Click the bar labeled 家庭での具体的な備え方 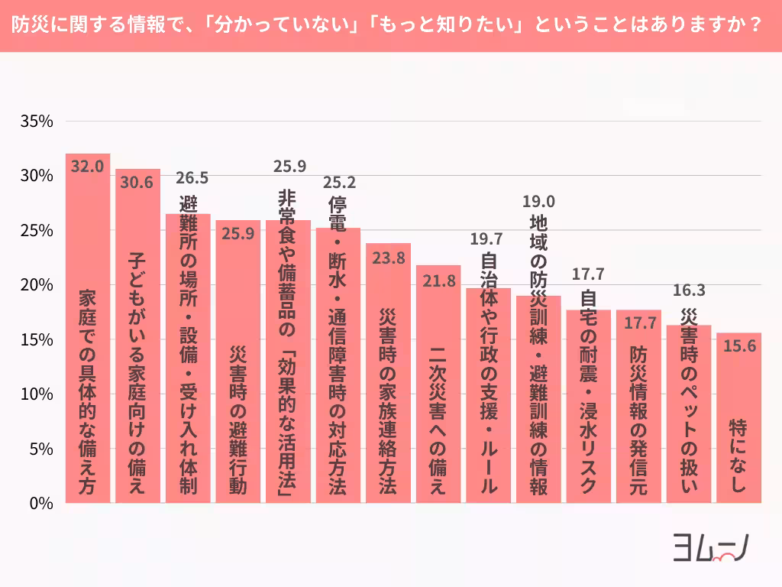pos(87,329)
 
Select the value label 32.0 pos(87,166)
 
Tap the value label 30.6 pos(137,182)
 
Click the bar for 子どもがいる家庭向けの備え pos(137,336)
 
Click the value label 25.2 pos(338,183)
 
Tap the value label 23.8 pos(388,258)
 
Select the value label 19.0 pos(538,202)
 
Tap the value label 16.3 pos(689,290)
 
